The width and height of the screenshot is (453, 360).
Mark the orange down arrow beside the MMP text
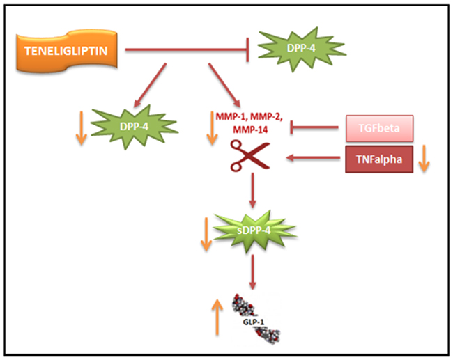[212, 130]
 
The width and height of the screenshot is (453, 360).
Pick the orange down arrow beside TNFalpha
[424, 160]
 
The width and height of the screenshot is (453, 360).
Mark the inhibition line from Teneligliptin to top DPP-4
[188, 50]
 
